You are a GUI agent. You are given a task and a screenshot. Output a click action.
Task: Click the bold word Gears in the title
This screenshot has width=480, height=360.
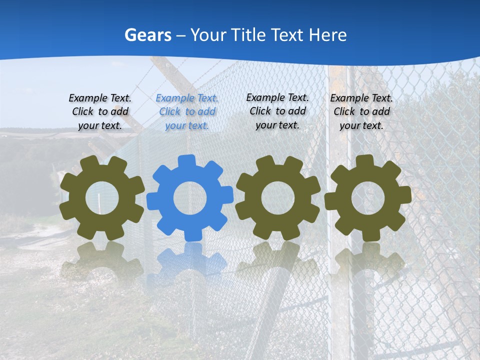pyautogui.click(x=147, y=35)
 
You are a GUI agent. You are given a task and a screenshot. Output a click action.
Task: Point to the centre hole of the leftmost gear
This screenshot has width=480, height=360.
pyautogui.click(x=102, y=198)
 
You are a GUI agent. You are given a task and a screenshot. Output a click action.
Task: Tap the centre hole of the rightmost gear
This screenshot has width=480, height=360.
pyautogui.click(x=367, y=198)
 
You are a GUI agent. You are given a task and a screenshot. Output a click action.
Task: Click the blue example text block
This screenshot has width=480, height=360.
pyautogui.click(x=187, y=112)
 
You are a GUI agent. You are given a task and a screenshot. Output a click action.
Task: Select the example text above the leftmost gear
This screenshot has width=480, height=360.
pyautogui.click(x=100, y=112)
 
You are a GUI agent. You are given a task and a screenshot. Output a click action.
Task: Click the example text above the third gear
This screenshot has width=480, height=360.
pyautogui.click(x=277, y=111)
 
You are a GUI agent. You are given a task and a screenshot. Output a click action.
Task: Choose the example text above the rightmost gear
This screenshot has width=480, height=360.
pyautogui.click(x=361, y=112)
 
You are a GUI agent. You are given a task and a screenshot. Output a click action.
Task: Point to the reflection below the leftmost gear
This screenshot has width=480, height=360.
pyautogui.click(x=102, y=260)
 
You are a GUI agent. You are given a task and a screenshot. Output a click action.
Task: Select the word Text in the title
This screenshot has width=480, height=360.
pyautogui.click(x=287, y=35)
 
